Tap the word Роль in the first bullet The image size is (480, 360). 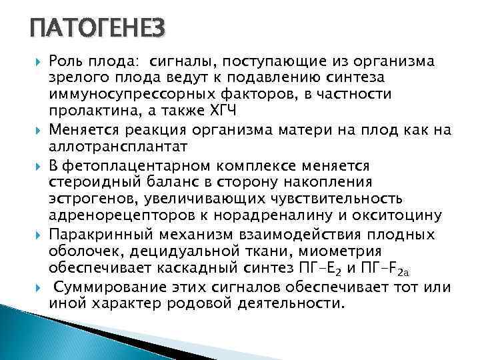pos(67,62)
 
